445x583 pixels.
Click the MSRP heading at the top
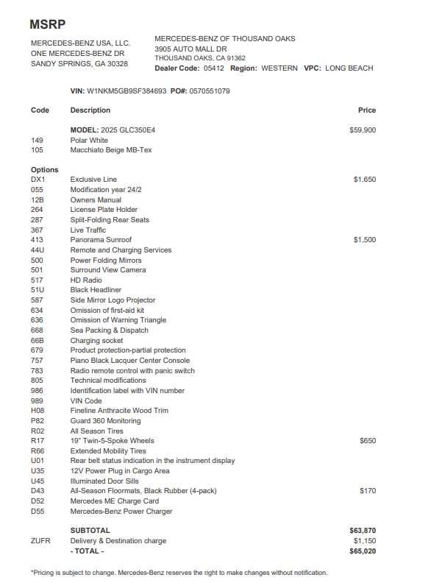(48, 24)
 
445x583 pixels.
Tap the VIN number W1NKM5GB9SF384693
(127, 91)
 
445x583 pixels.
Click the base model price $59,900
(363, 130)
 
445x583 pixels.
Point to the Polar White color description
(89, 140)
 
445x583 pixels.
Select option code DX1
(38, 180)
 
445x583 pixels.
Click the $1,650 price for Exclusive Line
(364, 180)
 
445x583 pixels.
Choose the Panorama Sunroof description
(101, 240)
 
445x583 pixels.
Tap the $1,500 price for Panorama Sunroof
(364, 240)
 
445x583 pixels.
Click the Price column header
(366, 110)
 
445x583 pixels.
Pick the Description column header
(90, 110)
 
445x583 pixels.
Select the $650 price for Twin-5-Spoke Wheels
(367, 441)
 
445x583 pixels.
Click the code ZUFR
(40, 541)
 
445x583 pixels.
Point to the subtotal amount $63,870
(363, 531)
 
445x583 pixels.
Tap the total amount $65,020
(363, 551)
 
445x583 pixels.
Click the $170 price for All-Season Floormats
(367, 491)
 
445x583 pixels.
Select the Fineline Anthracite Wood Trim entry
(119, 411)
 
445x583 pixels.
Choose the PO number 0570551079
(210, 91)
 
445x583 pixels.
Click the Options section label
(44, 170)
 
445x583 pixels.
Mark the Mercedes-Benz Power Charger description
(121, 511)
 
